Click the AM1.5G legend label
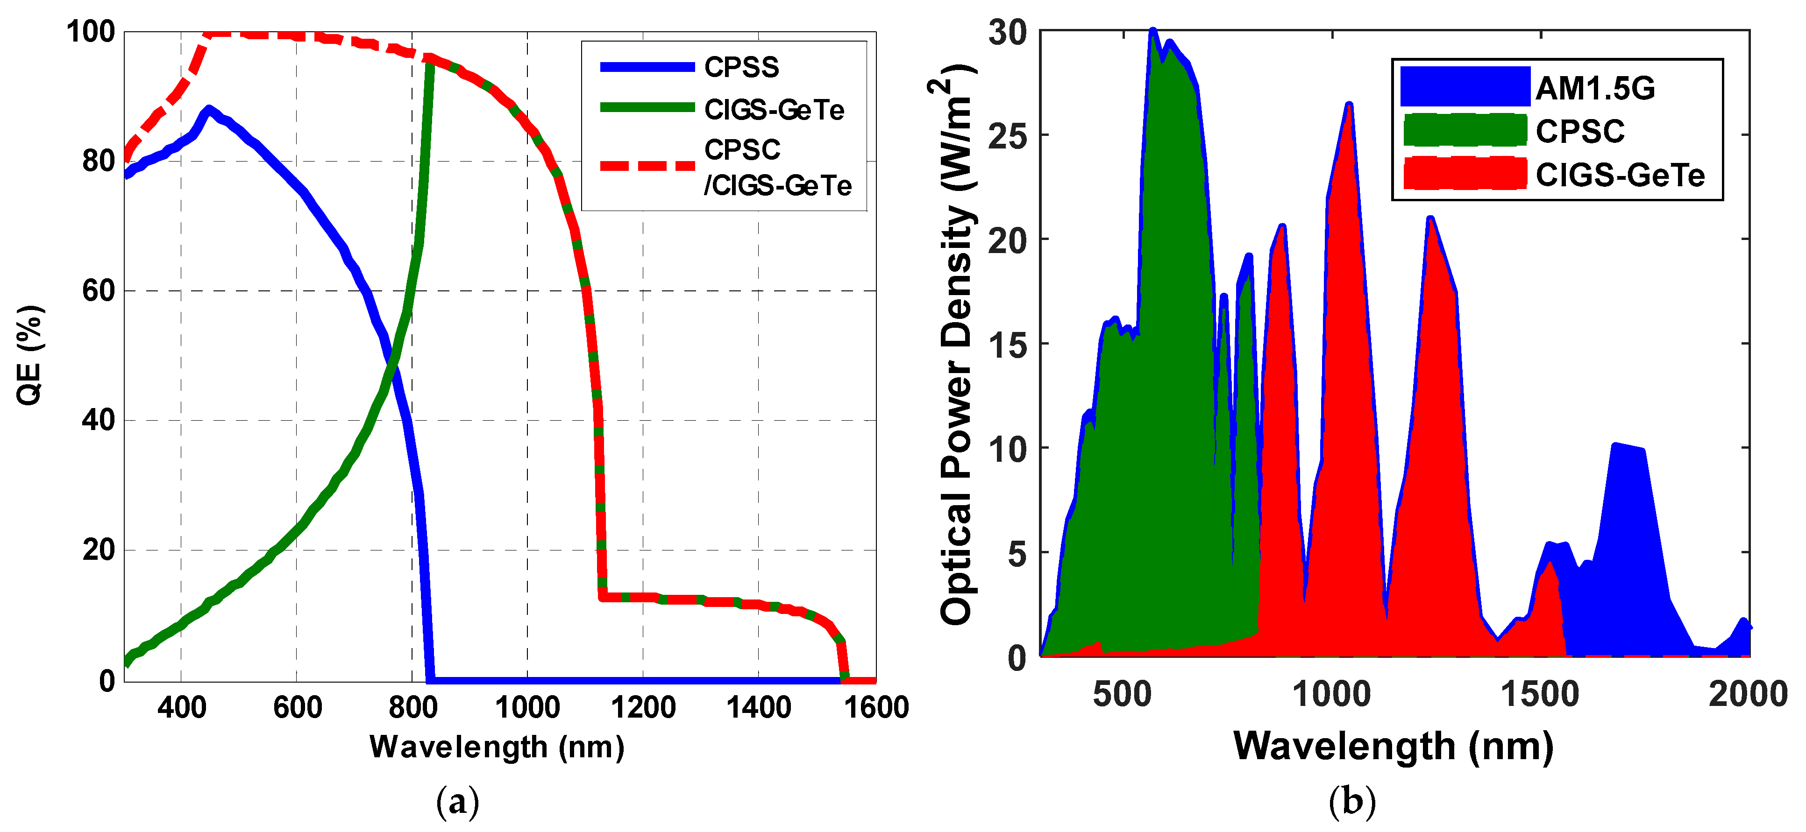click(1595, 88)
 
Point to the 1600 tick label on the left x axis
click(875, 707)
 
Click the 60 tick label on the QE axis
click(98, 291)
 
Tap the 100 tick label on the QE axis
click(91, 32)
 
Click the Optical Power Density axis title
click(957, 344)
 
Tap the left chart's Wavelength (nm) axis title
click(497, 747)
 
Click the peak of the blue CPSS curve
click(207, 109)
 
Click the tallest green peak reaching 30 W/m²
click(1152, 32)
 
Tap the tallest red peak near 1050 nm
click(1348, 105)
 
